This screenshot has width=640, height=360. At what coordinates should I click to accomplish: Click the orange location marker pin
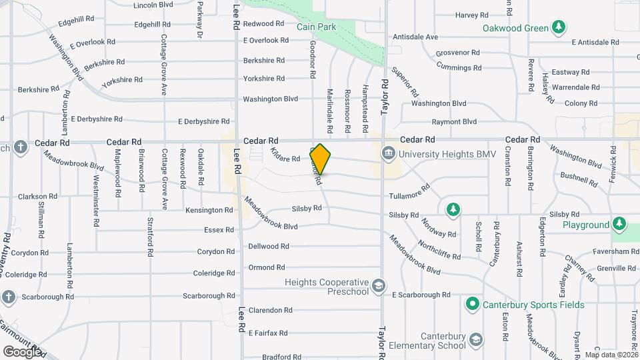pyautogui.click(x=321, y=159)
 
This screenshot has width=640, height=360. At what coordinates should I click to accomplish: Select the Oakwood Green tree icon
pyautogui.click(x=559, y=28)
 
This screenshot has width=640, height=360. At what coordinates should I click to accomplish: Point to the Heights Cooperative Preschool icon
pyautogui.click(x=379, y=286)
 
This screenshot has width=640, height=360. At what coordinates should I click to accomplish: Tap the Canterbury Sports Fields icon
pyautogui.click(x=473, y=305)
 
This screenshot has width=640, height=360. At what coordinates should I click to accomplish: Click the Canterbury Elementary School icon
pyautogui.click(x=475, y=341)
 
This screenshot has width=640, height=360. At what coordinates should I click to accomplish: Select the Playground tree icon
pyautogui.click(x=619, y=225)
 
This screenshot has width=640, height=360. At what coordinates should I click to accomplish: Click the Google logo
pyautogui.click(x=22, y=351)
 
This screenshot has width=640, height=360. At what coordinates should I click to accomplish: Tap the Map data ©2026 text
pyautogui.click(x=611, y=355)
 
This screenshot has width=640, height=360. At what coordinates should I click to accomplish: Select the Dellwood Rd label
pyautogui.click(x=269, y=246)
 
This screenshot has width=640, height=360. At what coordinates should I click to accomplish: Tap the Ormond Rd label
pyautogui.click(x=267, y=267)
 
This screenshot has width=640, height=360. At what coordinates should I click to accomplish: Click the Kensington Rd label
pyautogui.click(x=209, y=210)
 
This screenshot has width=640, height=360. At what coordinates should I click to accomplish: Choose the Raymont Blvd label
pyautogui.click(x=454, y=122)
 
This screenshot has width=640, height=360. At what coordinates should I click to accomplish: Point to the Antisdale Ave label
pyautogui.click(x=415, y=37)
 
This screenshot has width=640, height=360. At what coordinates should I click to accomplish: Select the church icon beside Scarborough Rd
pyautogui.click(x=8, y=296)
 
